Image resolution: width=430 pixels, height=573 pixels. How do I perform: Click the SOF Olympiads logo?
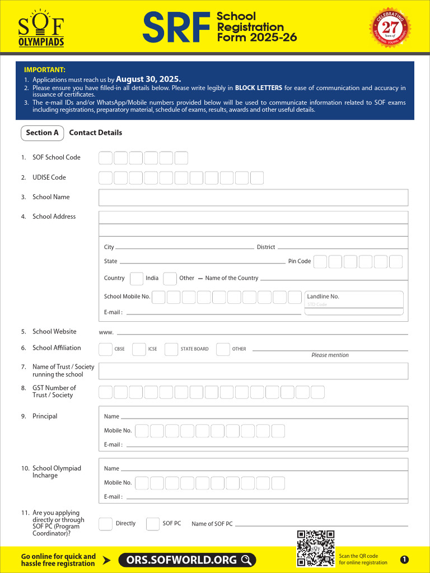click(x=41, y=28)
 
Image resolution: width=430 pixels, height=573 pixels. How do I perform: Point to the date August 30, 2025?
click(x=148, y=79)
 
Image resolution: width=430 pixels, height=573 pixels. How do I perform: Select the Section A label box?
click(x=42, y=133)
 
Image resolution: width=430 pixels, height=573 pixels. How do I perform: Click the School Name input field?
click(x=253, y=198)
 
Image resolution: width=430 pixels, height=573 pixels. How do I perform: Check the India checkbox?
click(x=136, y=278)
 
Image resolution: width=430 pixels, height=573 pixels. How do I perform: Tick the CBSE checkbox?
click(x=105, y=349)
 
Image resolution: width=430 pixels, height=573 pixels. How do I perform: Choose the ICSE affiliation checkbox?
click(x=139, y=349)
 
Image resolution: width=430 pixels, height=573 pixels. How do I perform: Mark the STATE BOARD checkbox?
click(x=171, y=349)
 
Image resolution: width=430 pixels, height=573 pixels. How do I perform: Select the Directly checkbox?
click(x=105, y=524)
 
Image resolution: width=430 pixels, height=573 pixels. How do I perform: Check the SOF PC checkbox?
click(x=153, y=524)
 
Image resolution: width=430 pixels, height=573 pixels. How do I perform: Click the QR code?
click(x=316, y=548)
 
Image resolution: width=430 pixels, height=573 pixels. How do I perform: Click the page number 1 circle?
click(x=404, y=560)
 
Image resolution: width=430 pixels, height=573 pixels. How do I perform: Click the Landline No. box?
click(x=354, y=303)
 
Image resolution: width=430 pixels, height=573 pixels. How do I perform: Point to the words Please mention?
click(x=330, y=355)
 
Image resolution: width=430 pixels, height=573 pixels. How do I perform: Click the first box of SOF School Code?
click(x=105, y=158)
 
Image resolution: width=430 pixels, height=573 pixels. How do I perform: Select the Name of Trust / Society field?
click(x=253, y=370)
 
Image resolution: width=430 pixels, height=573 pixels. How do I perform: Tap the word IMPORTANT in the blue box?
click(x=45, y=70)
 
